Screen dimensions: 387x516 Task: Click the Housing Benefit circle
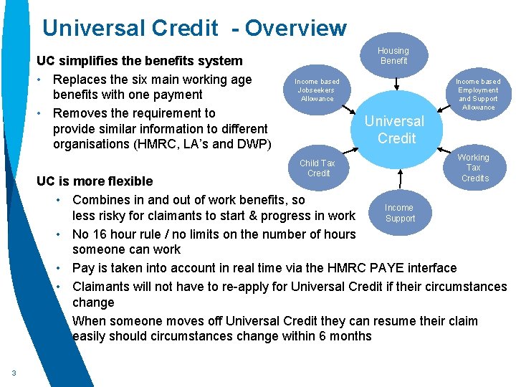coord(393,55)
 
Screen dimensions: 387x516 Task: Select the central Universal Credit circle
coord(396,129)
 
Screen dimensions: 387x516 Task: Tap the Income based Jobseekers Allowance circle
coord(317,90)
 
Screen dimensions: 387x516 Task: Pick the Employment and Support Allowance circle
coord(477,94)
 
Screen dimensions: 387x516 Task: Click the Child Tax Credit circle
coord(317,168)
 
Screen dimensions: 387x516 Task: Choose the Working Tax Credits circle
coord(474,168)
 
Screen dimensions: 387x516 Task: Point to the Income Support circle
coord(399,213)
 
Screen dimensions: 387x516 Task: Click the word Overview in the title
coord(295,28)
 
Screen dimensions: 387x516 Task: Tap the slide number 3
coord(14,372)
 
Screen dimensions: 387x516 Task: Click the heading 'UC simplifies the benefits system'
coord(140,61)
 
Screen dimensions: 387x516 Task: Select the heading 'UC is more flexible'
coord(95,181)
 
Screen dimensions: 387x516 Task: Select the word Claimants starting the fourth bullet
coord(100,287)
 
